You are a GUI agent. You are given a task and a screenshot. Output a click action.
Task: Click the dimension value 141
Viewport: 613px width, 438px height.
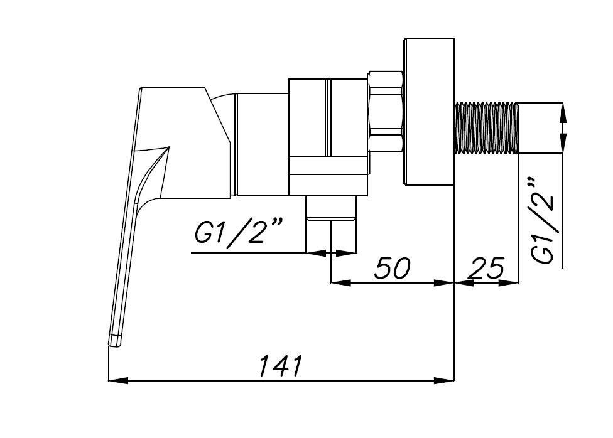(x=281, y=365)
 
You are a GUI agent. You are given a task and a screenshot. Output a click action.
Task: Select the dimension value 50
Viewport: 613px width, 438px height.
(x=393, y=268)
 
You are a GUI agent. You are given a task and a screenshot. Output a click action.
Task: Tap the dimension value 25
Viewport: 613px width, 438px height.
(x=487, y=269)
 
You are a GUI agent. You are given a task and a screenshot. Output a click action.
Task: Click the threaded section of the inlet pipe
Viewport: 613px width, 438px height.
(x=485, y=127)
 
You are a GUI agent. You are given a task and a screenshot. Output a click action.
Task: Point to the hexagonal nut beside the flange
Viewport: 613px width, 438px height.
(x=386, y=112)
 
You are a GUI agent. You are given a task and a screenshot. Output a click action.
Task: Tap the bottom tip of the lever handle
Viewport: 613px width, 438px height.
(x=114, y=341)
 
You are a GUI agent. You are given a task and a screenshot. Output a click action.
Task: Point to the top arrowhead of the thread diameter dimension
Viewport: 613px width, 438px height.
(x=562, y=112)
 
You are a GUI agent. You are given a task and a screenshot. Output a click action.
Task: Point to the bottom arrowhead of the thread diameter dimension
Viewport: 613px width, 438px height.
(x=562, y=142)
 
